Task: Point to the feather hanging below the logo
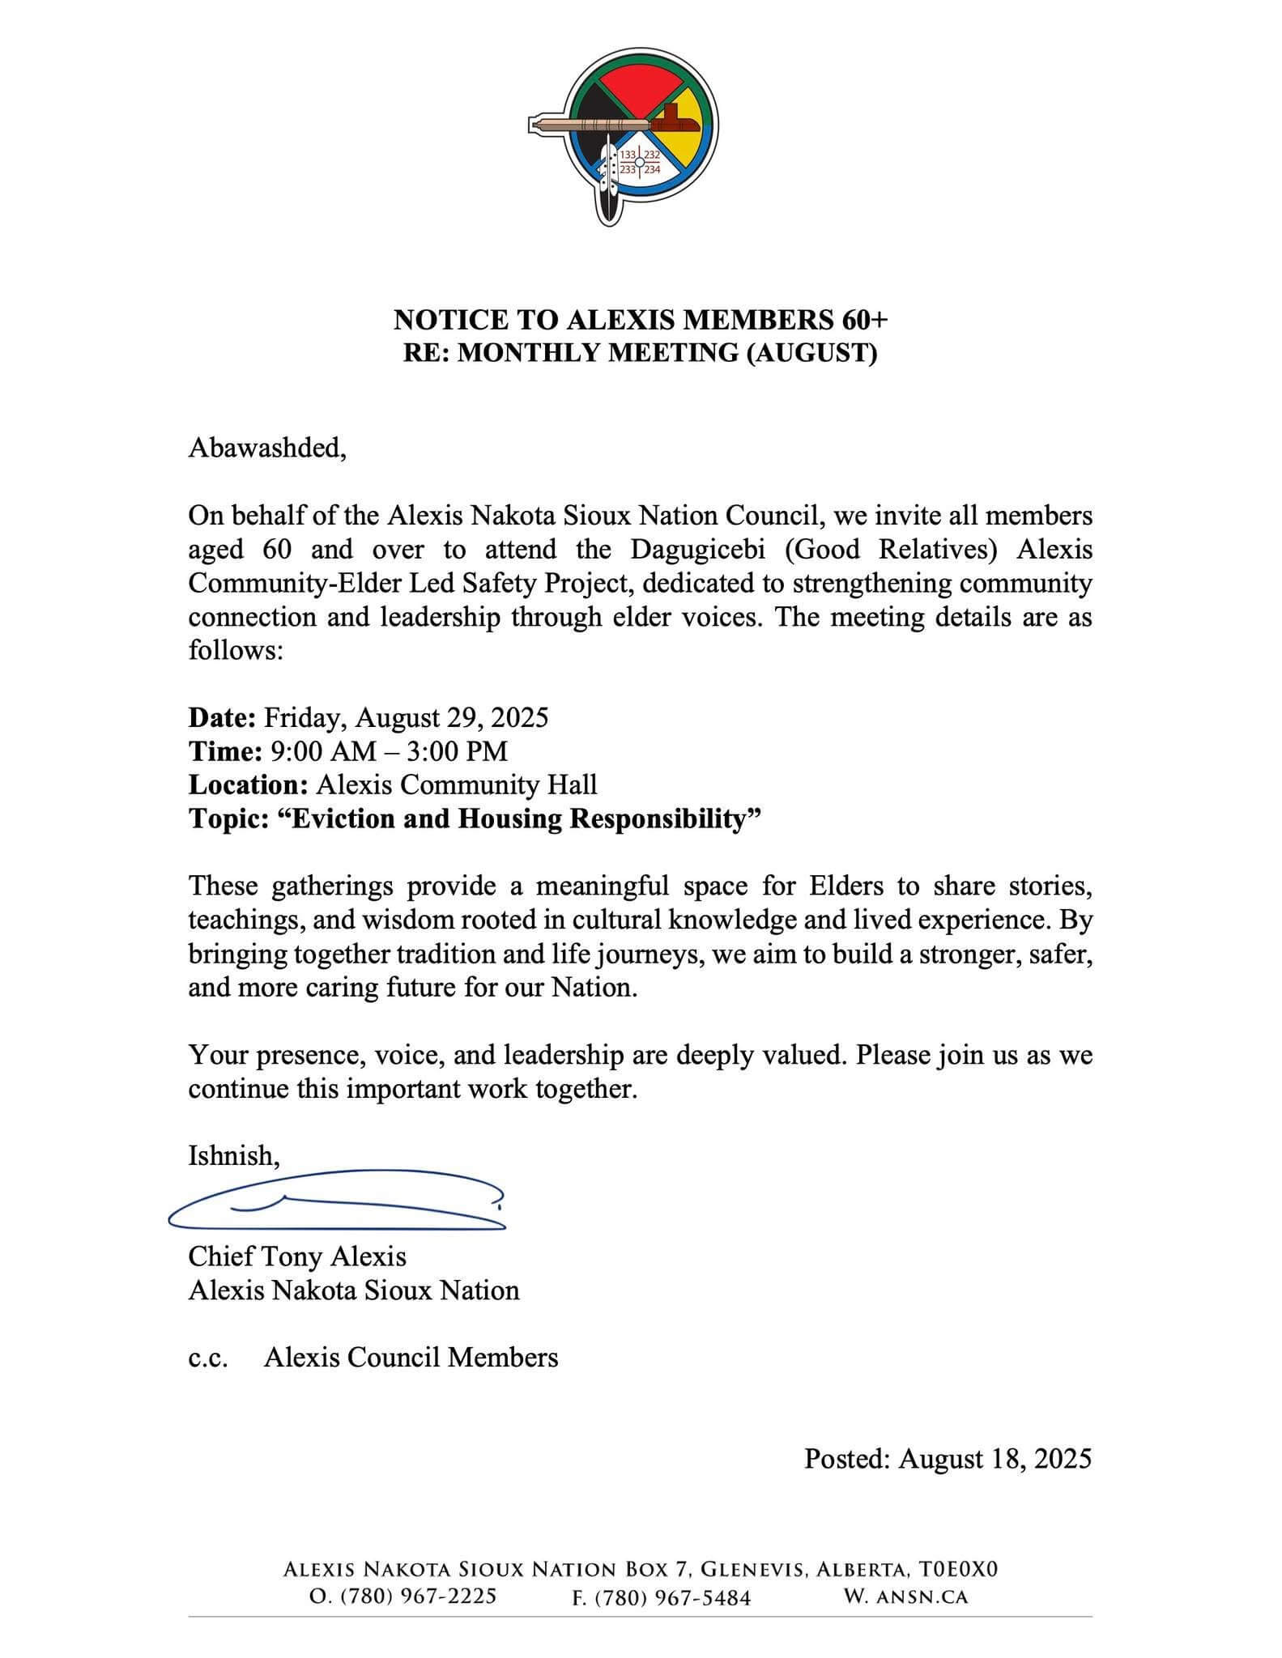[609, 194]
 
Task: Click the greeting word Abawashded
[266, 447]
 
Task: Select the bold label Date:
[222, 717]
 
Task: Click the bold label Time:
[224, 751]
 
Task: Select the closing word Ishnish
[233, 1155]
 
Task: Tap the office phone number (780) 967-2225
[402, 1597]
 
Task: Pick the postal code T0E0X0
[957, 1570]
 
